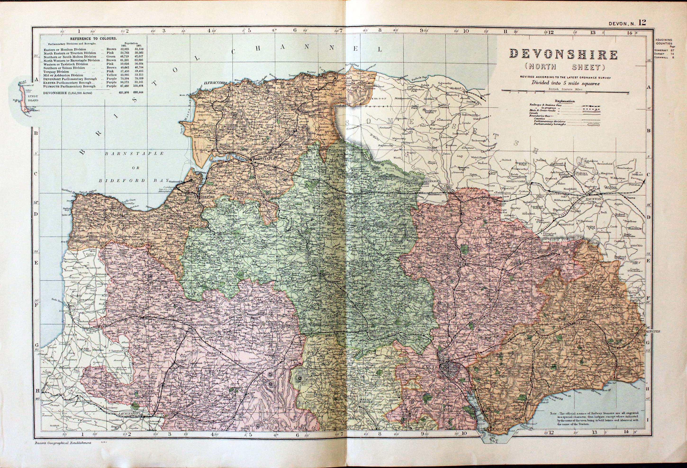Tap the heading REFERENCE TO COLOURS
pyautogui.click(x=93, y=39)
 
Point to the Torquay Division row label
pyautogui.click(x=56, y=72)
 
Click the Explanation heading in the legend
pyautogui.click(x=565, y=101)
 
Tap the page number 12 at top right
pyautogui.click(x=642, y=23)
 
